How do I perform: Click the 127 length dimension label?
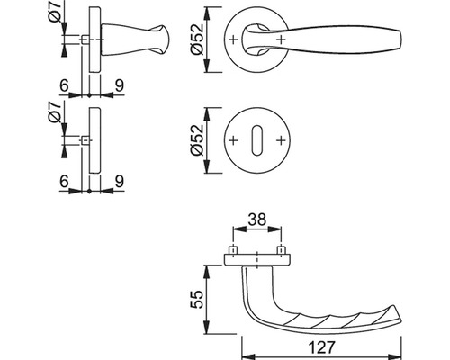pos(321,347)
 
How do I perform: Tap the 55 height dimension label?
pos(197,300)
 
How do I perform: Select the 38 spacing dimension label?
pos(257,220)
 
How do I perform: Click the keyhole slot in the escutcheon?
pos(256,140)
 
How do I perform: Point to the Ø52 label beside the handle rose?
pos(197,39)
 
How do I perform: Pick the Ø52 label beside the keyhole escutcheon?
pos(197,140)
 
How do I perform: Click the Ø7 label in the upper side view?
pos(55,12)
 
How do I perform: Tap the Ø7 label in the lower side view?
pos(55,112)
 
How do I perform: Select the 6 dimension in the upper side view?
pos(64,86)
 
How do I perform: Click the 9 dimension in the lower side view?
pos(120,182)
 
